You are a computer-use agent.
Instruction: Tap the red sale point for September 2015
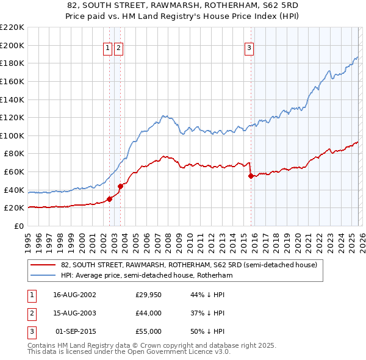(x=251, y=176)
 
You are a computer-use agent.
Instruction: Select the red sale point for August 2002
(x=110, y=198)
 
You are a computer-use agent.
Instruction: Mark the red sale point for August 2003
(x=121, y=185)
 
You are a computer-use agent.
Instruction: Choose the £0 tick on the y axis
(x=18, y=226)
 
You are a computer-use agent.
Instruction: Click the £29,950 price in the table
(x=148, y=295)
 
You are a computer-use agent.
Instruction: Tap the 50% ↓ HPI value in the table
(x=207, y=331)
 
